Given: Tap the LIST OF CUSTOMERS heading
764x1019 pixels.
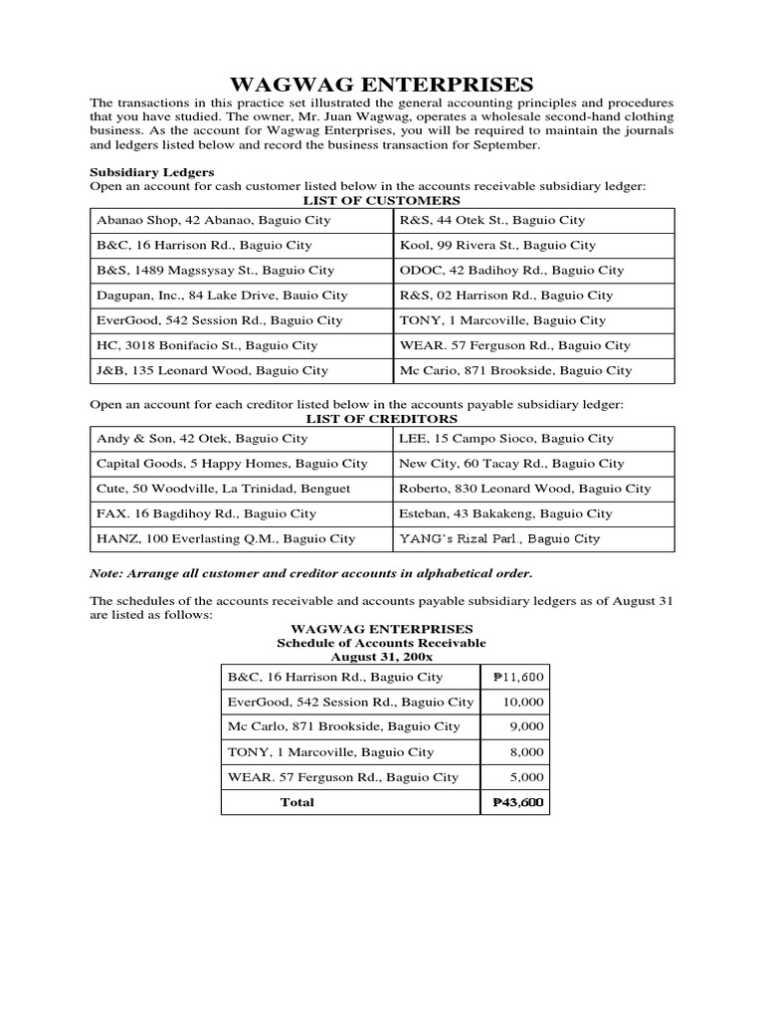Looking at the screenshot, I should point(381,200).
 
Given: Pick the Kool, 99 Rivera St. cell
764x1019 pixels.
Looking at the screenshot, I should point(497,245).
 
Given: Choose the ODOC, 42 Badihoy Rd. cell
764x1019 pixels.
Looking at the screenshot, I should point(511,270).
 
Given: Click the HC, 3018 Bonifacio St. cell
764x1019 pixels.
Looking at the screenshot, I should point(207,345).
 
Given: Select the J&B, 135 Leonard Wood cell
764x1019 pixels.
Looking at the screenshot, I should point(212,370).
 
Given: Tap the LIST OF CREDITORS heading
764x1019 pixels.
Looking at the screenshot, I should point(381,419).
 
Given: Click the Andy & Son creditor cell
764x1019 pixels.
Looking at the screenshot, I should point(202,438).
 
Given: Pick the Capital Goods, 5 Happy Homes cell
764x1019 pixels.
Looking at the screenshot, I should point(232,463).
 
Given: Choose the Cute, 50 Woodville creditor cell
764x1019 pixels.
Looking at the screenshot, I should point(223,489).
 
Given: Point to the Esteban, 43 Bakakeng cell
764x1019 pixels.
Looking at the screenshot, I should point(505,513).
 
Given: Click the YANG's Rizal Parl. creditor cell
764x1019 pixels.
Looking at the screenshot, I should point(499,538).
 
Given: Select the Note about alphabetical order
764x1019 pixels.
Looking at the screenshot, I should point(311,573).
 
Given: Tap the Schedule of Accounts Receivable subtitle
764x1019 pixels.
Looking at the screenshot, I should point(381,643).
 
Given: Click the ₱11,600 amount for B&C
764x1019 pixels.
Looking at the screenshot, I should point(518,677).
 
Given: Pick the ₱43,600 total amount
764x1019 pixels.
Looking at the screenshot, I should point(518,802).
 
